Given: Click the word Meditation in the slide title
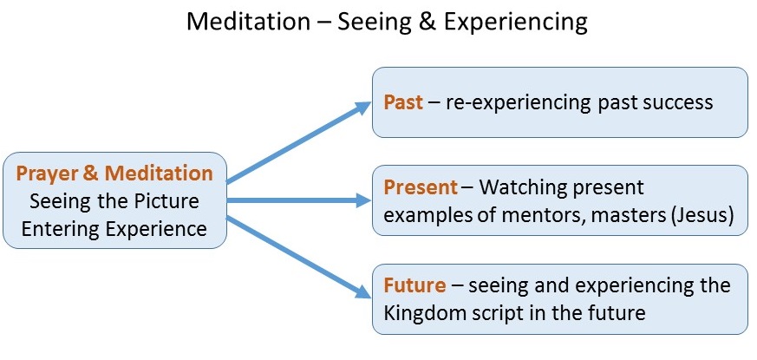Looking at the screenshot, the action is [248, 23].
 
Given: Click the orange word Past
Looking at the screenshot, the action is [403, 102].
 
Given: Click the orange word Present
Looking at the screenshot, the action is [421, 187].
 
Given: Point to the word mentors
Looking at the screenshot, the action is [538, 216].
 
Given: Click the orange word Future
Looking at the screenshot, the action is [414, 285].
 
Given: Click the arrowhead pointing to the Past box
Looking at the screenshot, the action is [362, 108].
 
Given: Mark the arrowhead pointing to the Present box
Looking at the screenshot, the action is [363, 200].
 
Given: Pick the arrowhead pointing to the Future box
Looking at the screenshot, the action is [362, 291].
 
